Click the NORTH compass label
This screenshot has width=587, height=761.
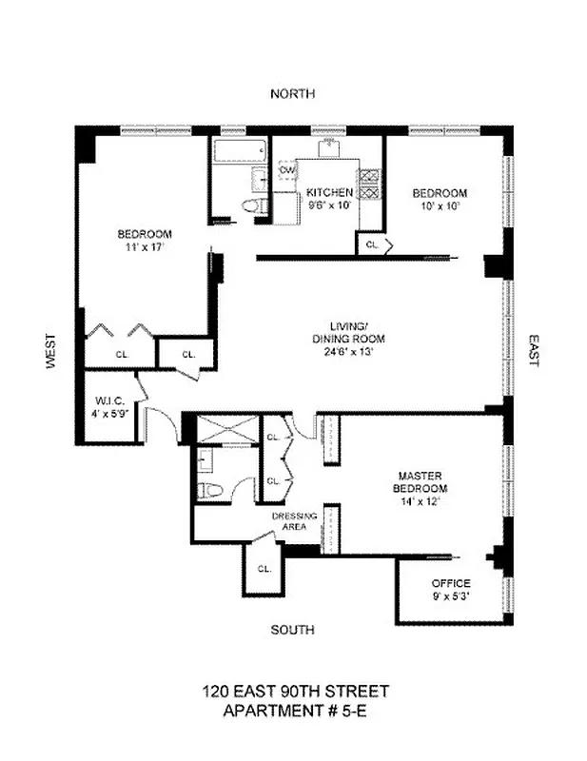pyautogui.click(x=292, y=93)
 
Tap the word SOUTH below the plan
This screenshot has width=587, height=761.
pyautogui.click(x=292, y=630)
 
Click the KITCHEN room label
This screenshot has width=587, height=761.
pyautogui.click(x=329, y=193)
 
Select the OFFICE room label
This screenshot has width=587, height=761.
pyautogui.click(x=451, y=583)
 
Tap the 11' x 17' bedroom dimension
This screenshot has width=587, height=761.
pyautogui.click(x=144, y=246)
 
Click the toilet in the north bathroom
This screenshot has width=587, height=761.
pyautogui.click(x=250, y=207)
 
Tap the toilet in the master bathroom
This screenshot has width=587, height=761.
pyautogui.click(x=209, y=490)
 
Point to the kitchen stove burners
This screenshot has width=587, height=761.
pyautogui.click(x=369, y=183)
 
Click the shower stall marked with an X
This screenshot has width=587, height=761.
pyautogui.click(x=226, y=430)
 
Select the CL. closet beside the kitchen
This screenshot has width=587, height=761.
pyautogui.click(x=373, y=244)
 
